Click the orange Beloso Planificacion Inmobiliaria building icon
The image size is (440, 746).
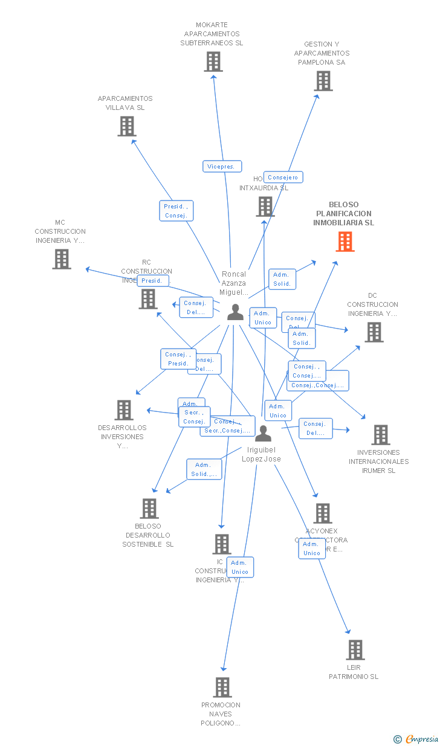pyautogui.click(x=345, y=242)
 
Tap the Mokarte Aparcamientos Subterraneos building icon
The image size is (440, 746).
pyautogui.click(x=213, y=62)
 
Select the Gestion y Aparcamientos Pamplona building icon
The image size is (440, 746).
pyautogui.click(x=323, y=81)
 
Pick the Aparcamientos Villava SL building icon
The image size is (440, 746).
pyautogui.click(x=126, y=126)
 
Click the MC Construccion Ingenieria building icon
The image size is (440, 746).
pyautogui.click(x=61, y=259)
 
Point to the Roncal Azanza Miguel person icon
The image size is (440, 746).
pyautogui.click(x=235, y=312)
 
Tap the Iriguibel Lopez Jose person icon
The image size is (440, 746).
pyautogui.click(x=263, y=434)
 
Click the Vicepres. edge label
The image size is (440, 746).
pyautogui.click(x=222, y=167)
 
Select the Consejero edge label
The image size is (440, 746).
pyautogui.click(x=283, y=178)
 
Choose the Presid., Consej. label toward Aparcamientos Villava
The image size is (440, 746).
pyautogui.click(x=176, y=211)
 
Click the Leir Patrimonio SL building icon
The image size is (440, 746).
pyautogui.click(x=355, y=650)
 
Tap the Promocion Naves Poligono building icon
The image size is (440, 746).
pyautogui.click(x=222, y=687)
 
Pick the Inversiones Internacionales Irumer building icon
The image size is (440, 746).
pyautogui.click(x=380, y=435)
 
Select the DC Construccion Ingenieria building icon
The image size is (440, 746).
pyautogui.click(x=374, y=332)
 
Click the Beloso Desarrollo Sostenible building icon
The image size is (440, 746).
pyautogui.click(x=149, y=509)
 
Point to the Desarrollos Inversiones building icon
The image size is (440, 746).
pyautogui.click(x=123, y=410)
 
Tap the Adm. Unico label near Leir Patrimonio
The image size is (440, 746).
pyautogui.click(x=312, y=548)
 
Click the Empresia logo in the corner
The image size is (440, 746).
pyautogui.click(x=417, y=739)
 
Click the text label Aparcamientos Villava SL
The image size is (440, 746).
pyautogui.click(x=125, y=103)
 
